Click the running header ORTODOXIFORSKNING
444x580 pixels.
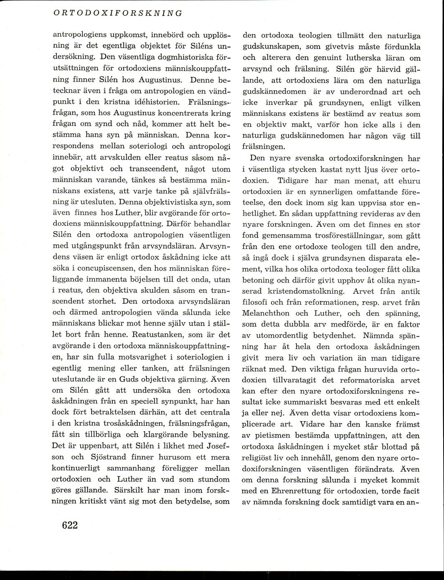(x=117, y=13)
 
